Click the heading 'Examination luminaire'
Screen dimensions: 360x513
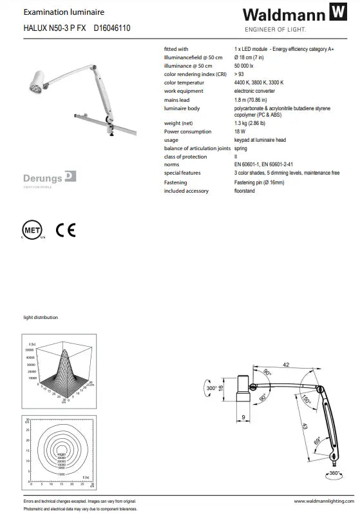[x=55, y=12]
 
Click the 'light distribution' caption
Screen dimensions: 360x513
[x=41, y=318]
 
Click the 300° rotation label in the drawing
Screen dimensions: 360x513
[x=211, y=389]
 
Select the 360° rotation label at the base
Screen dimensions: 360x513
[x=334, y=474]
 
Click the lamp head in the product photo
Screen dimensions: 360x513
[x=35, y=82]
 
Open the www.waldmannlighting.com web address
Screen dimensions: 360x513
[x=322, y=501]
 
